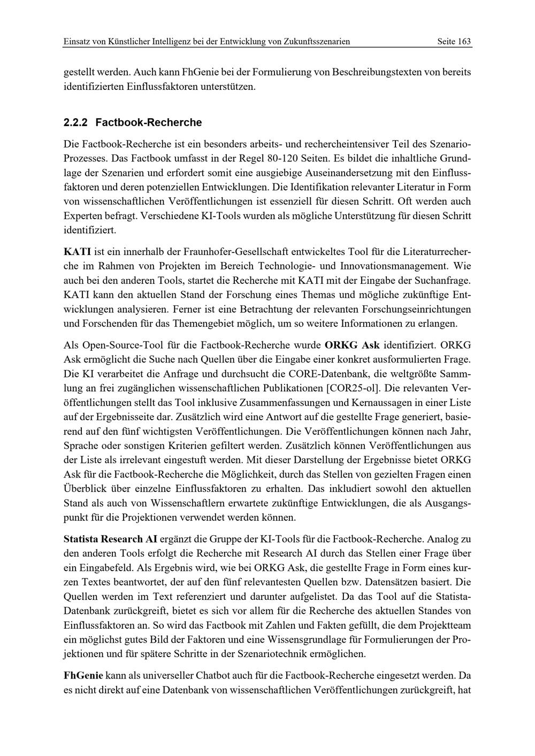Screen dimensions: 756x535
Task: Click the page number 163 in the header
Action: (x=464, y=41)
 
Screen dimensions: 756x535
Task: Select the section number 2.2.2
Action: (x=76, y=122)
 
